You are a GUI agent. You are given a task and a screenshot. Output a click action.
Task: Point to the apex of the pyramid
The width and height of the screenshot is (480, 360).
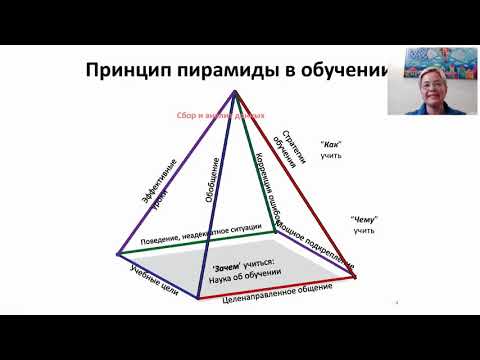coord(236,91)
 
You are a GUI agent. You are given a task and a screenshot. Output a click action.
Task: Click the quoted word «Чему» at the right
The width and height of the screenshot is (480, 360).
coord(363,219)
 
